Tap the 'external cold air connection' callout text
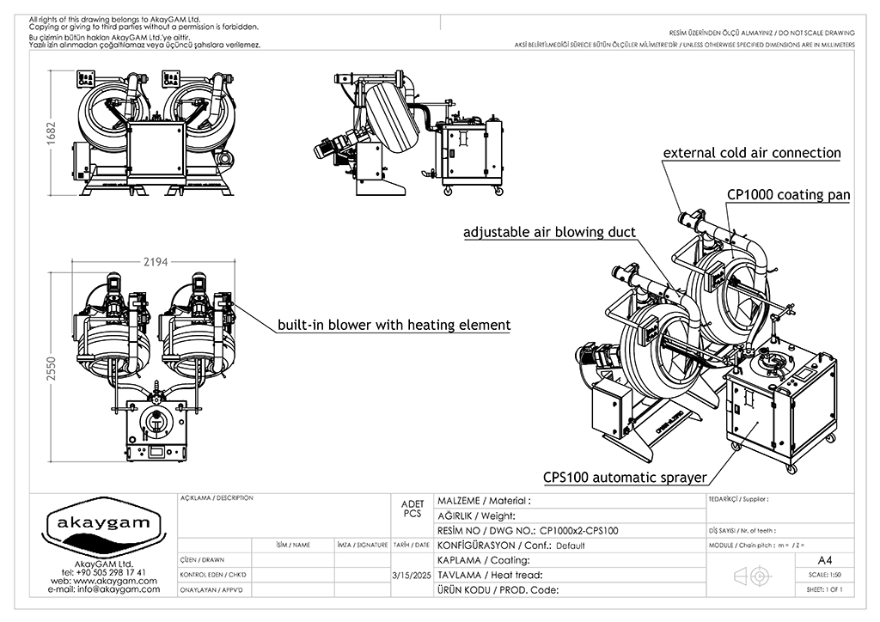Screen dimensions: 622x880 pyautogui.click(x=751, y=153)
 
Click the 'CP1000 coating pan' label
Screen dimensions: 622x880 pyautogui.click(x=788, y=195)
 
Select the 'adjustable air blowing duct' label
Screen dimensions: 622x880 pyautogui.click(x=549, y=232)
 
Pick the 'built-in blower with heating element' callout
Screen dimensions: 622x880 pyautogui.click(x=394, y=326)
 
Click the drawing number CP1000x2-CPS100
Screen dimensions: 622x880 pyautogui.click(x=584, y=531)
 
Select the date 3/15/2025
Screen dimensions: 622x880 pyautogui.click(x=411, y=575)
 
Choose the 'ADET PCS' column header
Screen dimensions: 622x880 pyautogui.click(x=412, y=509)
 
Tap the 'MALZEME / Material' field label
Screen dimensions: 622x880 pyautogui.click(x=484, y=501)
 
